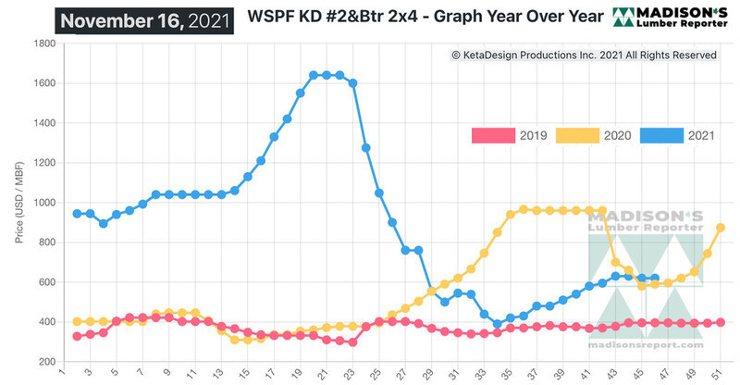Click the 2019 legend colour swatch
[x=492, y=136]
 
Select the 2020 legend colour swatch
[x=581, y=136]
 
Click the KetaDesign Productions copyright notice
[x=584, y=56]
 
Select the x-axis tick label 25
[x=379, y=374]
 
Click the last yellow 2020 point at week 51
[x=721, y=228]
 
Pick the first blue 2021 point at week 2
[x=77, y=214]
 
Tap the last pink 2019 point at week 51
[x=721, y=322]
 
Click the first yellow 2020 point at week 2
[x=77, y=321]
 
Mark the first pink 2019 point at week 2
[x=77, y=336]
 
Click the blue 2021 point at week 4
[x=103, y=224]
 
